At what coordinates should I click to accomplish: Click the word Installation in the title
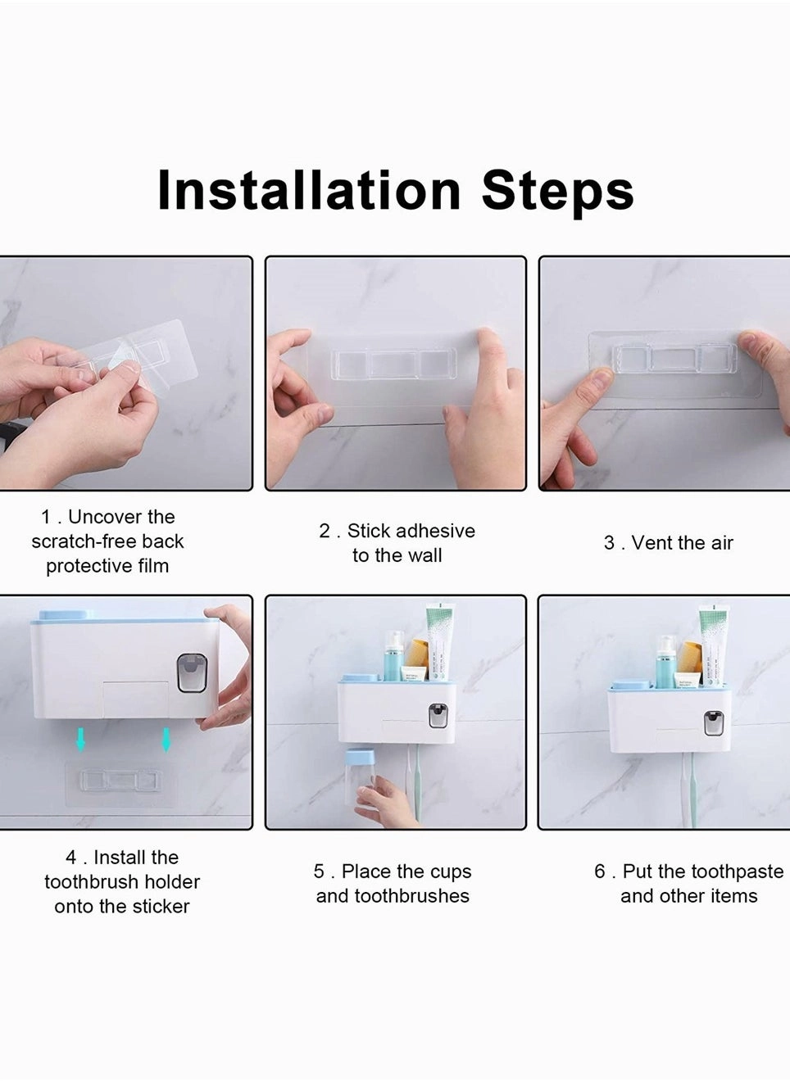[309, 190]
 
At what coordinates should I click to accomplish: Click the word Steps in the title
[557, 190]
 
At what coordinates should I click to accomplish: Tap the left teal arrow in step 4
[80, 740]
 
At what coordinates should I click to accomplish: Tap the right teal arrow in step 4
[166, 740]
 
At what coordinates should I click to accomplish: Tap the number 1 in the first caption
[46, 517]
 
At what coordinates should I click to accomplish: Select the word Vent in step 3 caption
[652, 543]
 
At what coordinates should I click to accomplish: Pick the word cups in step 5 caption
[450, 871]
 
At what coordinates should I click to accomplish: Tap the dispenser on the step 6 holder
[714, 722]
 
